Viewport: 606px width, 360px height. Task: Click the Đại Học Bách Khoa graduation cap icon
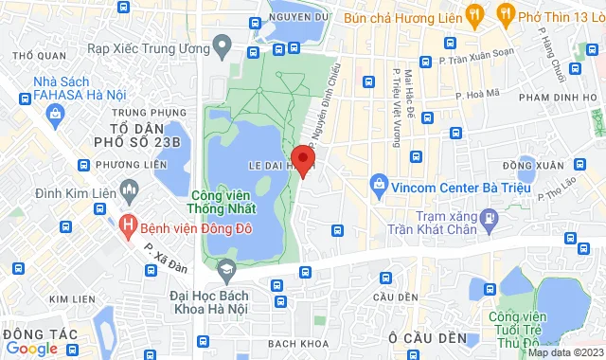click(x=227, y=273)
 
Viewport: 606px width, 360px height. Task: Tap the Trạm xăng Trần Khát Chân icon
click(x=488, y=219)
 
